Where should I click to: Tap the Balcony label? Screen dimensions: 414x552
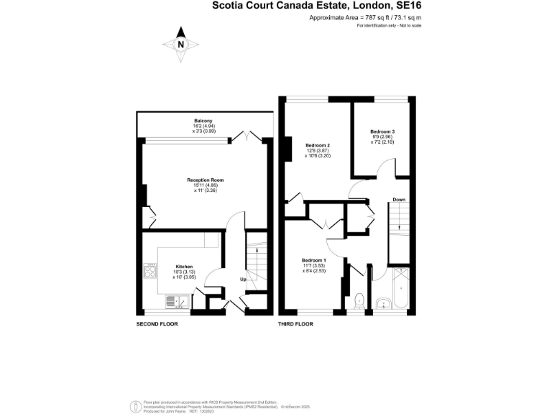coord(203,121)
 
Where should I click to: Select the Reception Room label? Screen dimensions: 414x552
coord(206,180)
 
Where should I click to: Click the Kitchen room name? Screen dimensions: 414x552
coord(164,267)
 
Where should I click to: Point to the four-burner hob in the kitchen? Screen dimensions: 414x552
coord(152,272)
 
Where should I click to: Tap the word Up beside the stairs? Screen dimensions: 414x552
coord(243,279)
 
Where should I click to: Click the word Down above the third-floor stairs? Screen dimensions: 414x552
coord(399,199)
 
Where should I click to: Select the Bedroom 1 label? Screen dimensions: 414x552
coord(314,259)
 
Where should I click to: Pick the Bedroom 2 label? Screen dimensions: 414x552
coord(317,145)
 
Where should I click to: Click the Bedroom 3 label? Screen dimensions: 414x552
coord(382,132)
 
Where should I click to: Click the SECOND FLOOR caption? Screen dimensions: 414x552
coord(157,324)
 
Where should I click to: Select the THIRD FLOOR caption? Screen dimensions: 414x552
coord(295,324)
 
